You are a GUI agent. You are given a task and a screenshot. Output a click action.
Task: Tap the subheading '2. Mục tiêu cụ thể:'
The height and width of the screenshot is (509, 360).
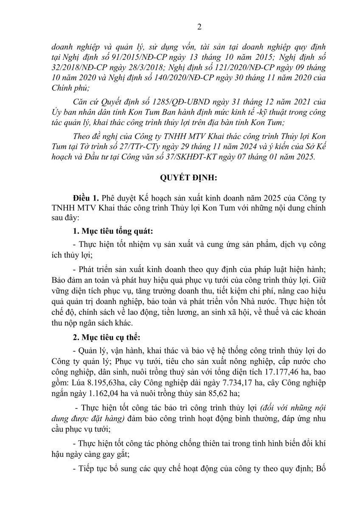click(x=101, y=339)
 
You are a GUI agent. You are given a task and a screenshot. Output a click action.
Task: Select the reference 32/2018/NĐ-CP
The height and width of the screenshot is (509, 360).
click(x=73, y=67)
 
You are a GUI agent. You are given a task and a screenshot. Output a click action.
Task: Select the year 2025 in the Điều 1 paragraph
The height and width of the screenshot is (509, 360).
click(x=262, y=198)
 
